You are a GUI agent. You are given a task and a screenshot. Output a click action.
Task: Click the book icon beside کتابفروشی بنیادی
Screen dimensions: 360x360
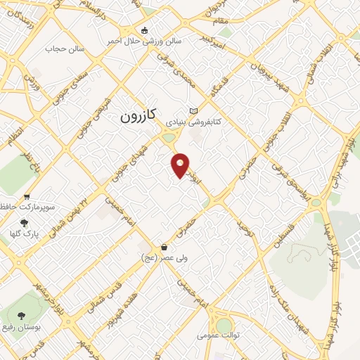[194, 110]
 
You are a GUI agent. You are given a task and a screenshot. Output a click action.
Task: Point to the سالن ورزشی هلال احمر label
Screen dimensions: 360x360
[144, 41]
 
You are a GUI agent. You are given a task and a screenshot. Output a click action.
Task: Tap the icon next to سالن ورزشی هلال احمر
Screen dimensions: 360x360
[145, 30]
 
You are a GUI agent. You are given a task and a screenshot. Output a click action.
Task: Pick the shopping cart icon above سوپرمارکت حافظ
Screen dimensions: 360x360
[27, 198]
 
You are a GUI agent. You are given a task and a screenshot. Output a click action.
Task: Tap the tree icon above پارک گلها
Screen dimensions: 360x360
[25, 222]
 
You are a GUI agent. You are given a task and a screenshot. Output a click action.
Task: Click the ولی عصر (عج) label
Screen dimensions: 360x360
[163, 258]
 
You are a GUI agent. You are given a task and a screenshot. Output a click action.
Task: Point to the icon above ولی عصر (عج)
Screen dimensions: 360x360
[164, 247]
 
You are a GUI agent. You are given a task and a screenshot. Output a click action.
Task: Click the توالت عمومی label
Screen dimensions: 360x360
[218, 335]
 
